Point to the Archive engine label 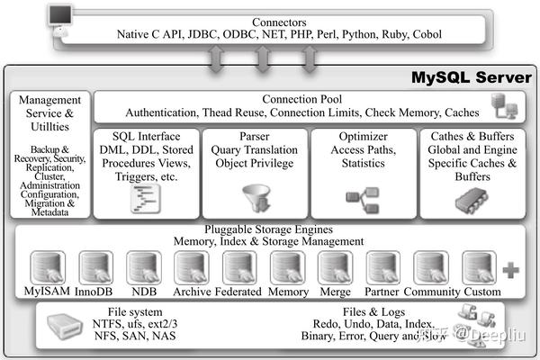tap(193, 292)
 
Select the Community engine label tap(432, 292)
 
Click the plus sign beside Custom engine tap(511, 269)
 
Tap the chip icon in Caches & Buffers tap(463, 200)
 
